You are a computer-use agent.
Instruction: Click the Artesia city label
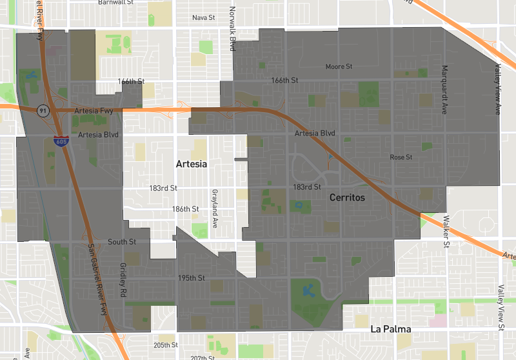coord(192,165)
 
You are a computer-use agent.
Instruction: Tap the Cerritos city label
coord(347,197)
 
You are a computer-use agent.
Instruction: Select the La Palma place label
coord(391,329)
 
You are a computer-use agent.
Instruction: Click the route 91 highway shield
coord(43,110)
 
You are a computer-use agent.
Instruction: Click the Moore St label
coord(339,66)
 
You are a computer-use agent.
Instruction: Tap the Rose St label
coord(401,157)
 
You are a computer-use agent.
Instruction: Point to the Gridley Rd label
coord(122,280)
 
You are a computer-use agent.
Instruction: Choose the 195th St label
coord(191,278)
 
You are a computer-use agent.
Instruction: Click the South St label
coord(122,242)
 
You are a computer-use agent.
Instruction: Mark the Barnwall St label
coord(115,3)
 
